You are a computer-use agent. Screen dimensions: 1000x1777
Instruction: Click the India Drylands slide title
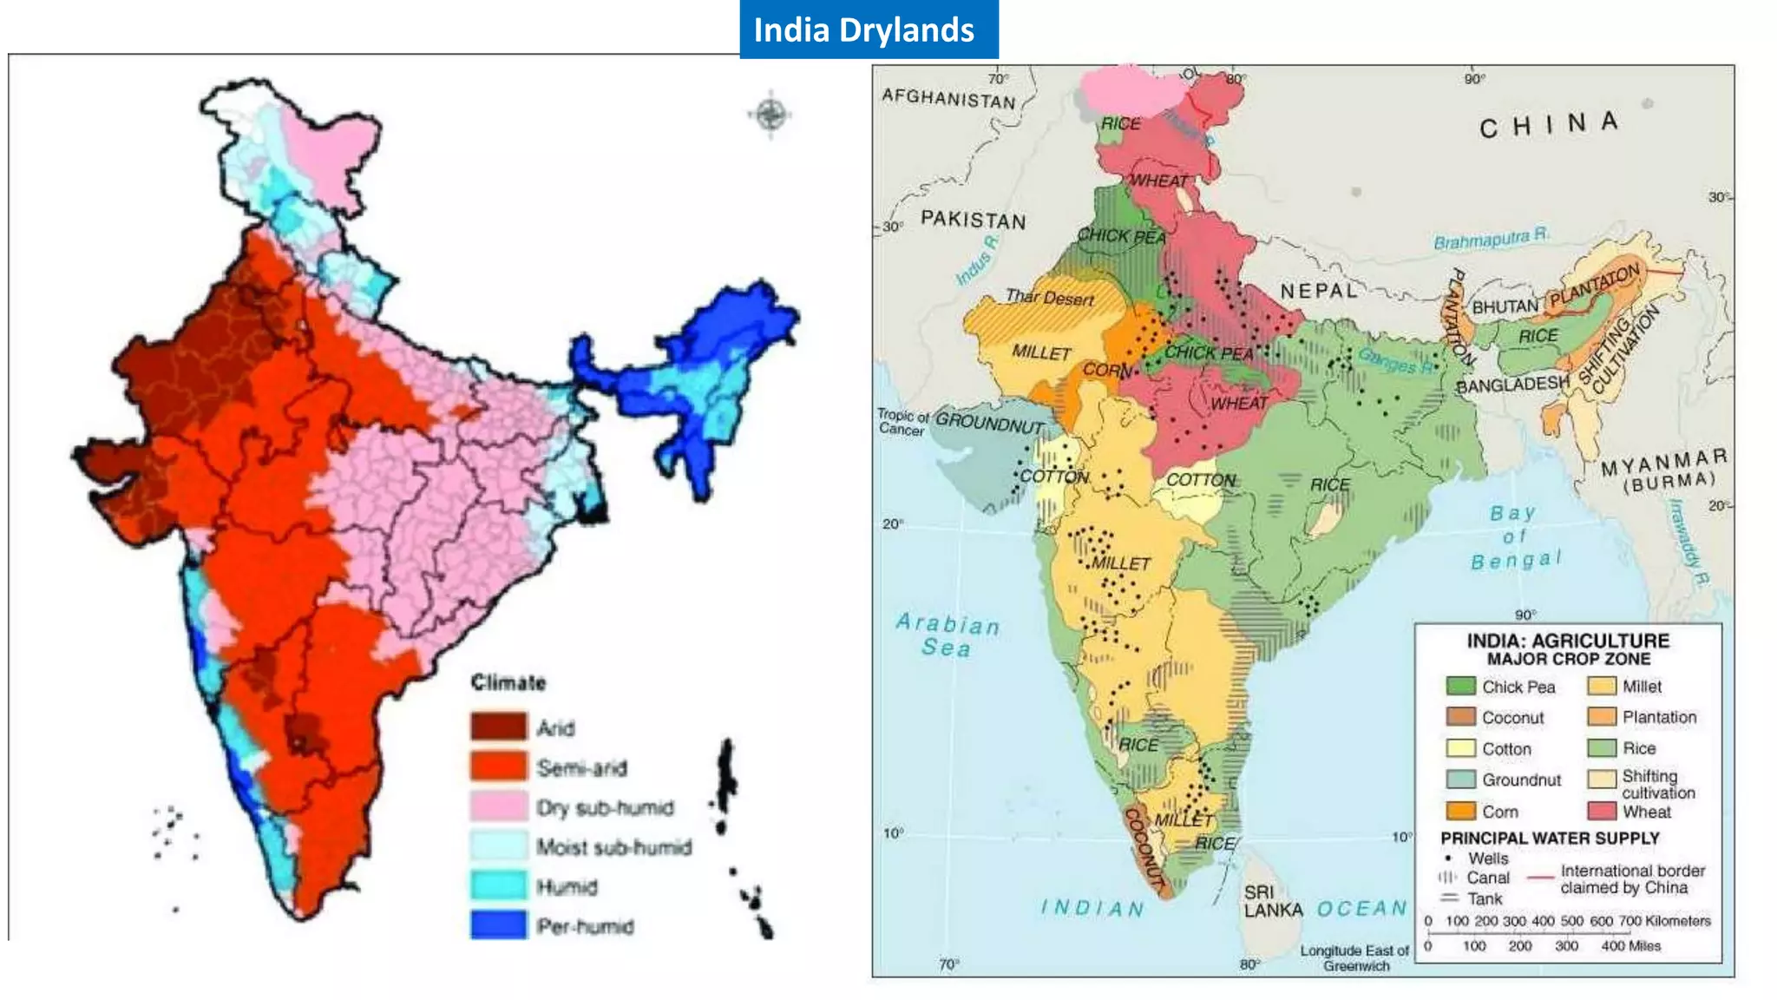pyautogui.click(x=864, y=30)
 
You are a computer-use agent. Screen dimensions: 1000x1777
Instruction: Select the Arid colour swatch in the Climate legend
pyautogui.click(x=498, y=727)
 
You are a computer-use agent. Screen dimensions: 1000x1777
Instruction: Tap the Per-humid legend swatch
pyautogui.click(x=498, y=925)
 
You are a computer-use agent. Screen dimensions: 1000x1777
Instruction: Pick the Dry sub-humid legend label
pyautogui.click(x=605, y=807)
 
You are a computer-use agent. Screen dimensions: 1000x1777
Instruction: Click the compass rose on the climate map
pyautogui.click(x=770, y=115)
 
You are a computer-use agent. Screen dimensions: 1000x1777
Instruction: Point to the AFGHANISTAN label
pyautogui.click(x=948, y=98)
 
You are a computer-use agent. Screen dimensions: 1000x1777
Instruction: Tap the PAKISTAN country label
pyautogui.click(x=973, y=220)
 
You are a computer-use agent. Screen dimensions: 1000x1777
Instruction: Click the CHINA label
pyautogui.click(x=1549, y=124)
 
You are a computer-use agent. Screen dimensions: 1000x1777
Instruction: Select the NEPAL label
pyautogui.click(x=1318, y=291)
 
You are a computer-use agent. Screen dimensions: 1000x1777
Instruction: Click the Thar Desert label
pyautogui.click(x=1049, y=298)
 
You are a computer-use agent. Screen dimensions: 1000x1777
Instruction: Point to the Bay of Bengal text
pyautogui.click(x=1515, y=537)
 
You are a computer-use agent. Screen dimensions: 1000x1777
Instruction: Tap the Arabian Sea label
pyautogui.click(x=947, y=635)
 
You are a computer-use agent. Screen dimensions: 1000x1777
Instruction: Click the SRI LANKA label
pyautogui.click(x=1271, y=901)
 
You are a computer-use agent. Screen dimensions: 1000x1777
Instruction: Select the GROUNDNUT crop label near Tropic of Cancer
pyautogui.click(x=989, y=423)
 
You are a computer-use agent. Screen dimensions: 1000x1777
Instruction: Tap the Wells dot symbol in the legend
pyautogui.click(x=1447, y=858)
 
